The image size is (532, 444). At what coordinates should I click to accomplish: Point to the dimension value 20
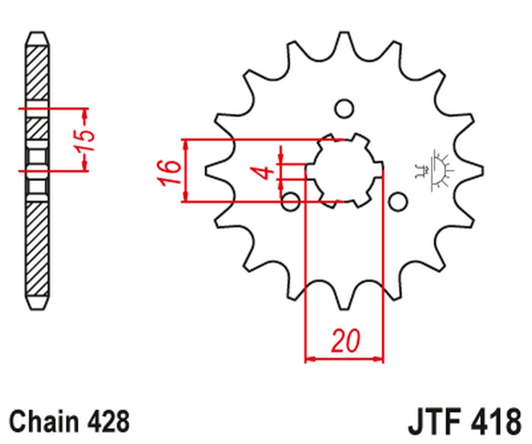pos(345,340)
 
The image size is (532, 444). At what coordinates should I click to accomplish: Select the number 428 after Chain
pos(109,421)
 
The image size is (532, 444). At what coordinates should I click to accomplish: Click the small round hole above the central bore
pos(344,107)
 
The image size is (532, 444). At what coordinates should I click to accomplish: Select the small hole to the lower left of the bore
pos(290,202)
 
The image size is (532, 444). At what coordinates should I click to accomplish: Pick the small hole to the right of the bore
pos(398,201)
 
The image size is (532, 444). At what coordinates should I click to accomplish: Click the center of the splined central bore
pos(344,170)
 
